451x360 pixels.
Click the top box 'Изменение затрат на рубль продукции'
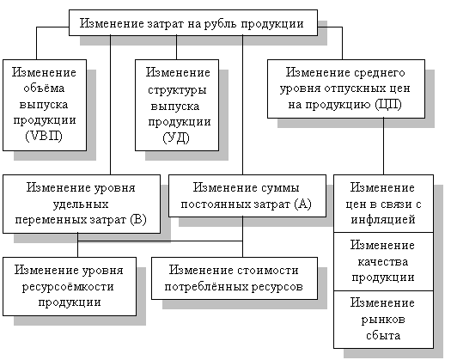(x=193, y=22)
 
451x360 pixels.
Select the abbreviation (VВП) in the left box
(x=44, y=136)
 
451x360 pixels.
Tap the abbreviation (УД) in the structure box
(x=176, y=137)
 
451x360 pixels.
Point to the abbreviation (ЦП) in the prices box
(x=388, y=104)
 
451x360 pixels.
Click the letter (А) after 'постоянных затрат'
(x=303, y=204)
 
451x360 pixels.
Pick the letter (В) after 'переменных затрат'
(x=138, y=220)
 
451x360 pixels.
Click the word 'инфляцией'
(x=383, y=220)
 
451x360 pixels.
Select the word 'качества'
(x=383, y=261)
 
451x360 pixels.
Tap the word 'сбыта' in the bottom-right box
(x=383, y=335)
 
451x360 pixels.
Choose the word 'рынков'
(x=383, y=320)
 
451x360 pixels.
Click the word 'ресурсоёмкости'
(x=68, y=287)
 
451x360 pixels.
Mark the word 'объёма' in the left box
(x=44, y=88)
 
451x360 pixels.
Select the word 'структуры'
(x=177, y=90)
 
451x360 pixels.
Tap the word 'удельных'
(x=81, y=204)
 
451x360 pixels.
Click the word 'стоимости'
(x=268, y=271)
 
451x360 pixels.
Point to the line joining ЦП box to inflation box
(x=383, y=146)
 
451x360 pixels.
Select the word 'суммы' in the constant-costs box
(x=279, y=188)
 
